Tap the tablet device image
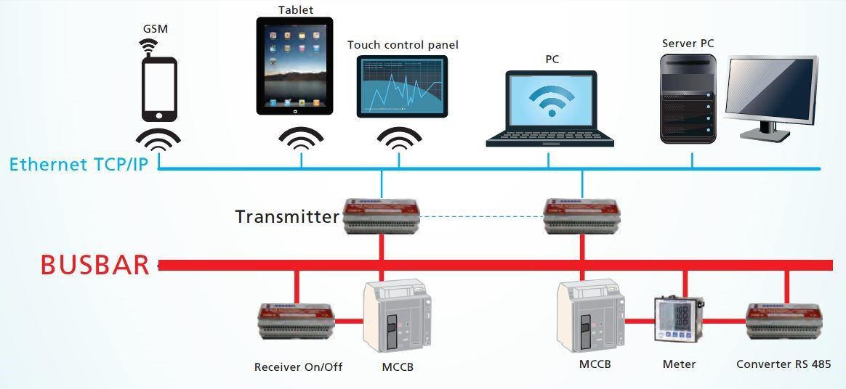coord(294,66)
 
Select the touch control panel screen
coord(403,86)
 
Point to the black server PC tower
coord(687,97)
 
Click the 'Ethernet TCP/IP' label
coord(78,164)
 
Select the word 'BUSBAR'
coord(94,265)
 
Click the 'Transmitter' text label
coord(287,216)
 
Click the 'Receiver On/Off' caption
coord(298,367)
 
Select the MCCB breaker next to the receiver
coord(397,318)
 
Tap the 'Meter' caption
coord(679,364)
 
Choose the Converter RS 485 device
coord(784,323)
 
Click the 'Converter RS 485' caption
coord(783,364)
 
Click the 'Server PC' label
coord(688,44)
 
